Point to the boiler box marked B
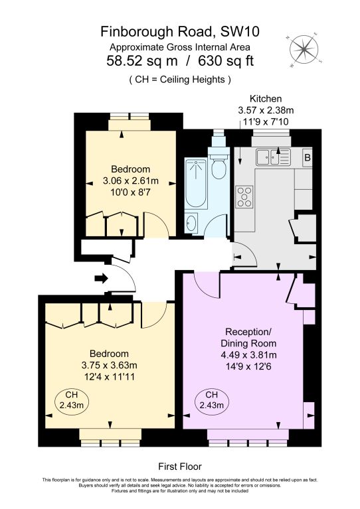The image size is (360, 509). click(x=307, y=157)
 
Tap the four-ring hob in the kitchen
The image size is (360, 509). click(x=244, y=197)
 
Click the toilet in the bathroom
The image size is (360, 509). click(x=218, y=167)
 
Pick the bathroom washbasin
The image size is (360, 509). click(x=192, y=222)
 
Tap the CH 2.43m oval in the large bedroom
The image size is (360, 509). click(x=69, y=399)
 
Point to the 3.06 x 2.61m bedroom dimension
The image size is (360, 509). click(x=131, y=181)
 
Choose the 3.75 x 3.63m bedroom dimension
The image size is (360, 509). click(x=110, y=365)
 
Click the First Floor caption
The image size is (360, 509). click(x=179, y=467)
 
